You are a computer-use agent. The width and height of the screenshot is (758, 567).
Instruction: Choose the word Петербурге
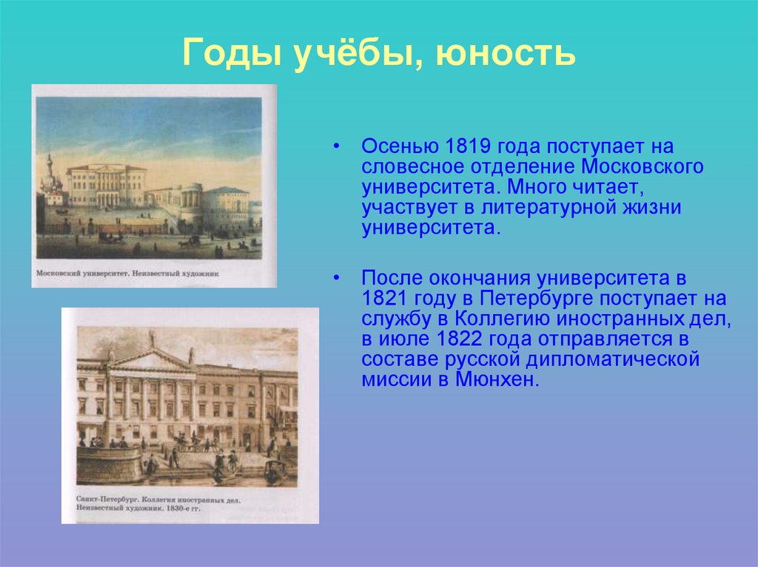pos(537,299)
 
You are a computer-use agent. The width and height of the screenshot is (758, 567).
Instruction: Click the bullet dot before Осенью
pos(337,146)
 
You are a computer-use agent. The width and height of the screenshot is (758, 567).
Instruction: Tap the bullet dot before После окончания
pos(337,279)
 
